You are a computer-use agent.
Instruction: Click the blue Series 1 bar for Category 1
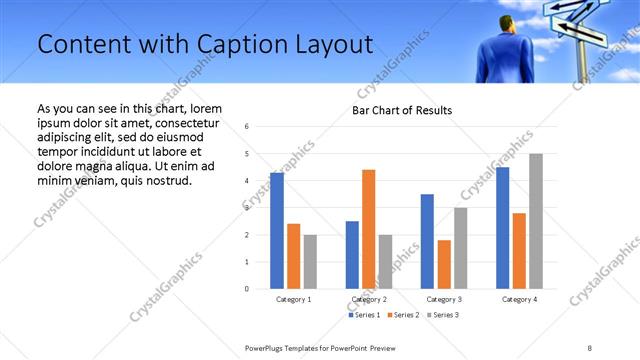pyautogui.click(x=277, y=231)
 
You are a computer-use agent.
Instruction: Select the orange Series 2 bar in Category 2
pyautogui.click(x=368, y=229)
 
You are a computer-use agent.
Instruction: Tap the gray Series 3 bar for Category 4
pyautogui.click(x=536, y=221)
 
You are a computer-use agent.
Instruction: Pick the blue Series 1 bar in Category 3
pyautogui.click(x=427, y=241)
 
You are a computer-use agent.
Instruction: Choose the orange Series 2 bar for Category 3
pyautogui.click(x=444, y=264)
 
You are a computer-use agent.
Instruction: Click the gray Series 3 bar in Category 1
pyautogui.click(x=310, y=262)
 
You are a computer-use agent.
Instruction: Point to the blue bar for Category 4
pyautogui.click(x=502, y=228)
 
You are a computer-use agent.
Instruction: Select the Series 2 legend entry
pyautogui.click(x=403, y=315)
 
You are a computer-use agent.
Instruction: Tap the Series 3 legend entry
pyautogui.click(x=444, y=315)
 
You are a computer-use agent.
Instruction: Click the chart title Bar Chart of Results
pyautogui.click(x=402, y=110)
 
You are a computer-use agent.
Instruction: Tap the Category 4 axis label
pyautogui.click(x=519, y=299)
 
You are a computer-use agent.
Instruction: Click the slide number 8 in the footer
pyautogui.click(x=590, y=347)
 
